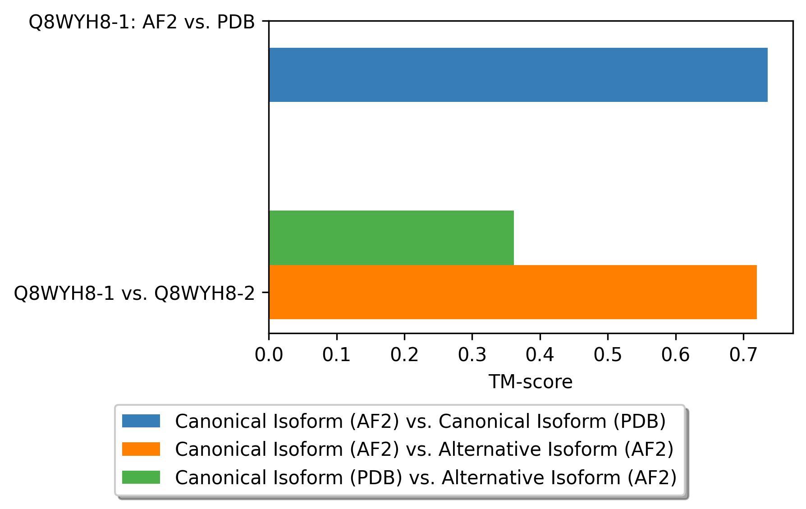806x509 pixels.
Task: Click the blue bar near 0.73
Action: click(518, 75)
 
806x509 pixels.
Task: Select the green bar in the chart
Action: click(391, 238)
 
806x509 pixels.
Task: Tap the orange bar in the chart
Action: click(513, 292)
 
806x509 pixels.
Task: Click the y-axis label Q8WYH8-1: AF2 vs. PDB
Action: click(142, 22)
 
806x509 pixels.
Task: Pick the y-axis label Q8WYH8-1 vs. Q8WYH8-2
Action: click(134, 293)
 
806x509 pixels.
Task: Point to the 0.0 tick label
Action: click(269, 355)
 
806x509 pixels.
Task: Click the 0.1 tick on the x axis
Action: click(337, 355)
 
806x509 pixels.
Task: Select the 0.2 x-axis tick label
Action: click(404, 355)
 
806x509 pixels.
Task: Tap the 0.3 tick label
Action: click(472, 355)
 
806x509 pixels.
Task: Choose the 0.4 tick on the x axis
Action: click(540, 355)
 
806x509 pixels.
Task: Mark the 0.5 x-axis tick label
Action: click(608, 355)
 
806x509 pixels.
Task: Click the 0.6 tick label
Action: click(676, 355)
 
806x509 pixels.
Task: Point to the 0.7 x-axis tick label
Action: click(743, 355)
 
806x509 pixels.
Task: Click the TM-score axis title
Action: click(531, 382)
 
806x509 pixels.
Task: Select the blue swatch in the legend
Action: click(141, 421)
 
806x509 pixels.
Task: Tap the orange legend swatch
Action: click(141, 449)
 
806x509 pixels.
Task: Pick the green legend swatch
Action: click(141, 477)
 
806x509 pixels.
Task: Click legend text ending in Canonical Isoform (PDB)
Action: click(420, 422)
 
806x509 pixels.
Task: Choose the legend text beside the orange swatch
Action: click(424, 449)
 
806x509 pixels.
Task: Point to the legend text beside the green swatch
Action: click(426, 477)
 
